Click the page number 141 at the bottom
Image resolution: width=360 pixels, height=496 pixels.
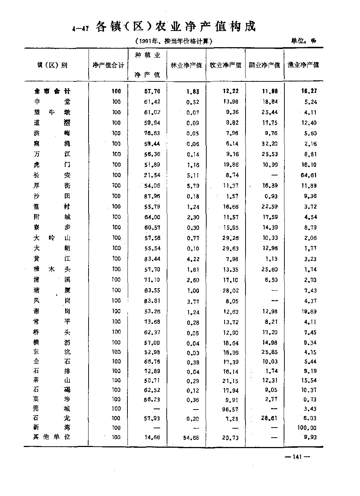coord(297,457)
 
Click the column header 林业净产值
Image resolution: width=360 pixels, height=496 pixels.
coord(186,65)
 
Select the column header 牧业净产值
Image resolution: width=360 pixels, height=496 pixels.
coord(225,65)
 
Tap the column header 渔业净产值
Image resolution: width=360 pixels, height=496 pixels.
coord(303,65)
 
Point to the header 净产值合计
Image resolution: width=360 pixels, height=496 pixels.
coord(108,65)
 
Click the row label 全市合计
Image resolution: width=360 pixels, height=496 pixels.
coord(50,91)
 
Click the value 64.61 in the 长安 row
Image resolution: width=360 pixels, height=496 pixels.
coord(309,175)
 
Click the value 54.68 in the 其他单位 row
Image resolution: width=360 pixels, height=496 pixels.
coord(191,438)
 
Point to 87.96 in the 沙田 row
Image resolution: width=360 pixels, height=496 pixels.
coord(152,196)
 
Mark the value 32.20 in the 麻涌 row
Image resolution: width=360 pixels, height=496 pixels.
coord(270,144)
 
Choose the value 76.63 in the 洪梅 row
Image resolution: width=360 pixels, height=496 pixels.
coord(152,133)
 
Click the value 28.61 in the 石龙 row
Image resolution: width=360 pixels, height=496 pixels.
coord(270,418)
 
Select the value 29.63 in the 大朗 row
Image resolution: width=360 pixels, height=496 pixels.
coord(231,249)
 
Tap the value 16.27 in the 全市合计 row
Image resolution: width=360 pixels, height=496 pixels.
coord(309,91)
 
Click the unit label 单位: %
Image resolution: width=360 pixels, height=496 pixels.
coord(303,41)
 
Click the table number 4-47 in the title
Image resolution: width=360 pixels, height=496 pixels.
coord(80,29)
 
